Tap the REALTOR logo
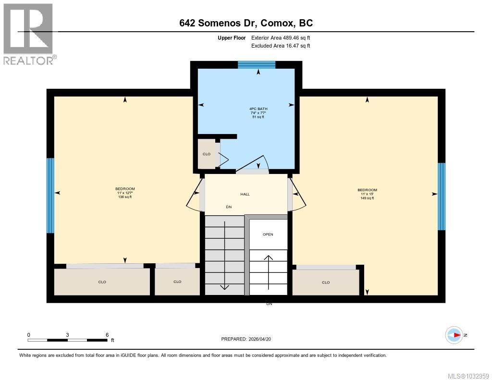click(x=29, y=34)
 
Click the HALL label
click(x=245, y=194)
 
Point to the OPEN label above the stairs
click(x=268, y=234)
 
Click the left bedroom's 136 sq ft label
click(x=125, y=197)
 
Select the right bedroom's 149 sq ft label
click(x=367, y=198)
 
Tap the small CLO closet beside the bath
click(x=207, y=154)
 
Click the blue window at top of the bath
click(x=257, y=65)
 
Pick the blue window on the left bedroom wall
click(x=50, y=196)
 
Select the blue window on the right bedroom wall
click(x=441, y=196)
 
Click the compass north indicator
click(x=455, y=335)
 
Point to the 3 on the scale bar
click(x=68, y=335)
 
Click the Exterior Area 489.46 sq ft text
click(x=284, y=37)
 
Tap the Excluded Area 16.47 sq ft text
click(x=281, y=46)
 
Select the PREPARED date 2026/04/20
click(x=249, y=339)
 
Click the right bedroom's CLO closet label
click(x=326, y=282)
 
